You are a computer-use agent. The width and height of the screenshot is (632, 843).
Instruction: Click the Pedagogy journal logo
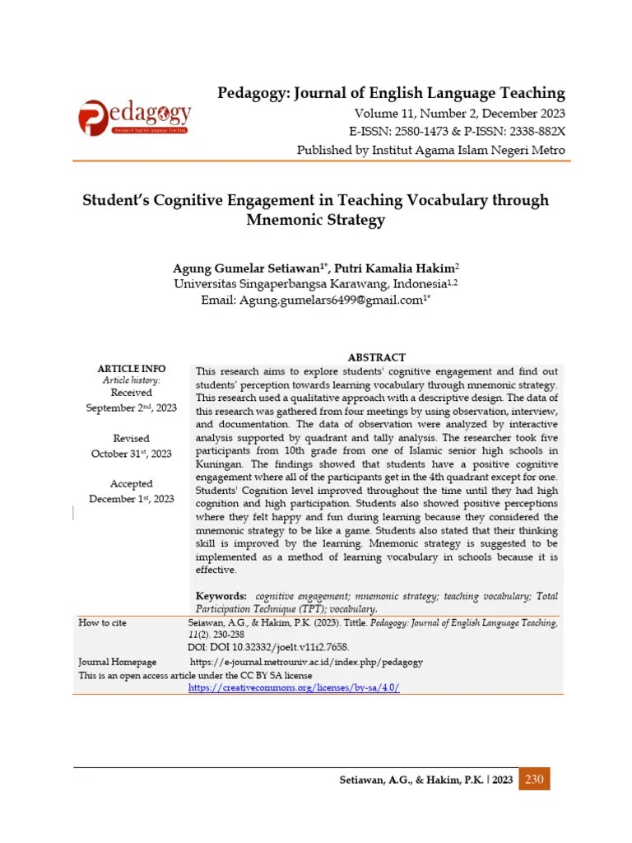[x=136, y=118]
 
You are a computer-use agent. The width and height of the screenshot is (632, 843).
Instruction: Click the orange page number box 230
[x=535, y=780]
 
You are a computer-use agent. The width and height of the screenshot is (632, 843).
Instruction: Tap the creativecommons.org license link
[x=294, y=687]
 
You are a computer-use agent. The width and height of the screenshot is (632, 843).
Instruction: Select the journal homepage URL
[x=306, y=661]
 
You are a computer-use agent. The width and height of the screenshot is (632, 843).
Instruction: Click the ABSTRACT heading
[x=376, y=357]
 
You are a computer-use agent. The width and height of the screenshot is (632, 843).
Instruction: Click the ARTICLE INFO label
[x=132, y=368]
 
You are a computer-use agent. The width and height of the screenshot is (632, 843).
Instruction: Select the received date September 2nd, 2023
[x=132, y=408]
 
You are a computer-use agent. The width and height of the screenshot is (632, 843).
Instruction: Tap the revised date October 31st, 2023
[x=132, y=454]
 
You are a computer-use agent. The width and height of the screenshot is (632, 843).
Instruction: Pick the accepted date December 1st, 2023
[x=132, y=499]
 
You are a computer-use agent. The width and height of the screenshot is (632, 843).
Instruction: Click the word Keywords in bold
[x=221, y=595]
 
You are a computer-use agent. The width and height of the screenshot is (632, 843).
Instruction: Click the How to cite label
[x=103, y=623]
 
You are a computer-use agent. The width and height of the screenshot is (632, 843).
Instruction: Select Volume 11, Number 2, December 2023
[x=460, y=114]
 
